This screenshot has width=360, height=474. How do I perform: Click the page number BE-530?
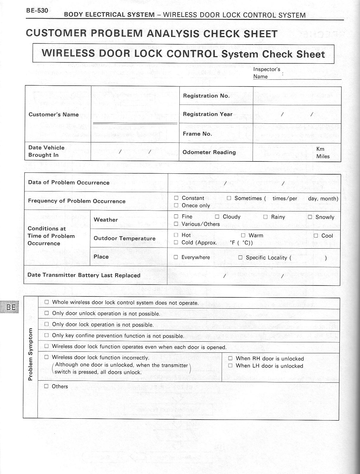[x=37, y=11]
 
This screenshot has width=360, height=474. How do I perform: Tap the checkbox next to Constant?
[x=176, y=198]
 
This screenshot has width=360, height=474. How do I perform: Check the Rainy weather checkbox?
[x=265, y=217]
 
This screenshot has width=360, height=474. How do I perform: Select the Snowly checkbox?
[x=310, y=217]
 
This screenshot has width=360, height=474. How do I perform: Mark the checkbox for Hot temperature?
[x=176, y=235]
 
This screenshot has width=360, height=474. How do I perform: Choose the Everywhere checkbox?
[x=176, y=257]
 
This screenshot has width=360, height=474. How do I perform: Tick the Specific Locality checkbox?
[x=240, y=258]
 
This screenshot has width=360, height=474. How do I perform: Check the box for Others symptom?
[x=46, y=386]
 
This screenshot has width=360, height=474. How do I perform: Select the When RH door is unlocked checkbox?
[x=230, y=358]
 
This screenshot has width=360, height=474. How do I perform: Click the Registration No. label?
[x=206, y=96]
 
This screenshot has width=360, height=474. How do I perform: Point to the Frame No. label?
[x=197, y=134]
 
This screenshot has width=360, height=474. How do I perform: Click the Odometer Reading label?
[x=209, y=152]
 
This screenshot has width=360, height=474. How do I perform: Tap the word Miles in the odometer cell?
[x=323, y=156]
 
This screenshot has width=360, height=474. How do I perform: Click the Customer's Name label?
[x=54, y=114]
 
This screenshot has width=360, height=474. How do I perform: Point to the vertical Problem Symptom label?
[x=30, y=354]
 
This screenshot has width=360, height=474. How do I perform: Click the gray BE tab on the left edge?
[x=10, y=307]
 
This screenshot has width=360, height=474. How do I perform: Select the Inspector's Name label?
[x=267, y=73]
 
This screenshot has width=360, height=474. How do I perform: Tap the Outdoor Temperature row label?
[x=124, y=238]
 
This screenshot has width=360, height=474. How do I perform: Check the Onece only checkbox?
[x=176, y=205]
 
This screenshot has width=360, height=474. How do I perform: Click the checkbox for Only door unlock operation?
[x=46, y=313]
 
